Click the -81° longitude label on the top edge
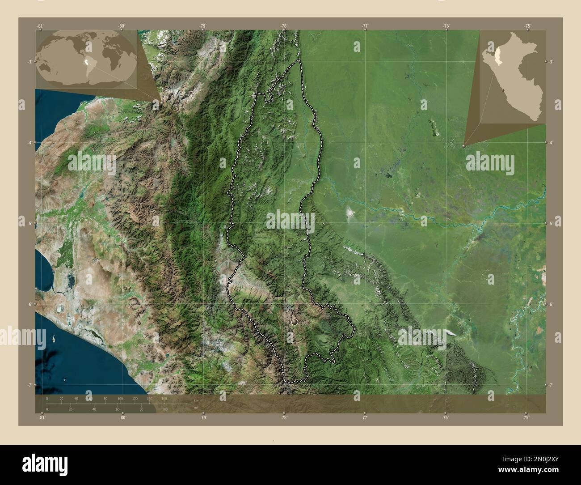pyautogui.click(x=40, y=26)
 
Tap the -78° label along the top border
pyautogui.click(x=283, y=26)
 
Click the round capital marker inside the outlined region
pyautogui.click(x=294, y=321)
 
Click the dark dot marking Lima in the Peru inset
pyautogui.click(x=504, y=90)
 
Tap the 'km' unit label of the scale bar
pyautogui.click(x=196, y=400)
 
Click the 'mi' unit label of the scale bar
pyautogui.click(x=196, y=407)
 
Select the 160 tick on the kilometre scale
pyautogui.click(x=164, y=398)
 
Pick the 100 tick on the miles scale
pyautogui.click(x=165, y=409)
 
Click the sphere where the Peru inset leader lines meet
pyautogui.click(x=464, y=145)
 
